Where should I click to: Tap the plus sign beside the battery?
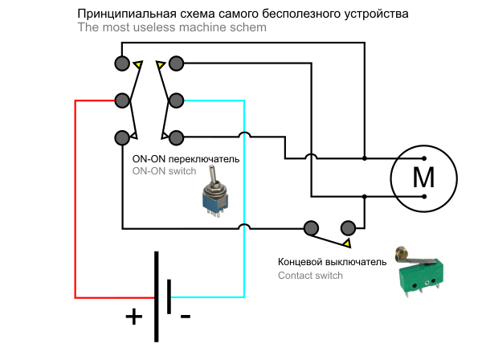tap(133, 316)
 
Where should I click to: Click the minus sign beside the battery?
tap(186, 317)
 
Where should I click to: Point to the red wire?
tap(76, 201)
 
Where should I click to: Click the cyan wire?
tap(243, 201)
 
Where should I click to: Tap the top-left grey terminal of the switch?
tap(122, 63)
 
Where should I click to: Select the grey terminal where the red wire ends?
tap(122, 100)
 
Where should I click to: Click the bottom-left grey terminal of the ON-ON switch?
tap(122, 137)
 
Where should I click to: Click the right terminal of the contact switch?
tap(348, 227)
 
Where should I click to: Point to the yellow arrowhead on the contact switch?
tap(346, 242)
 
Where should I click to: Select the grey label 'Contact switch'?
tap(310, 276)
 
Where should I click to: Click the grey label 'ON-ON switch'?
tap(163, 171)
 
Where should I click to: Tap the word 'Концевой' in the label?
tap(300, 262)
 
